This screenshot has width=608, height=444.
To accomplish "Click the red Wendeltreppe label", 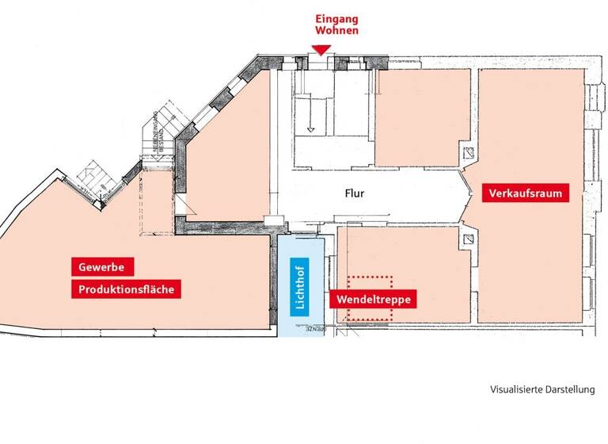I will click(x=371, y=300).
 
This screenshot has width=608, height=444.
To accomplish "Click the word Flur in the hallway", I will click(x=354, y=193).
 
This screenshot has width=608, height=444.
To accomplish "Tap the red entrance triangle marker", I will click(x=321, y=50).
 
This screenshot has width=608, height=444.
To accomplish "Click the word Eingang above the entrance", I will click(x=337, y=19).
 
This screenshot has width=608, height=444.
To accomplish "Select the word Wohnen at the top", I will click(x=337, y=32).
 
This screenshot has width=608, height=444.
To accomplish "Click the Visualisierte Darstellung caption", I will click(x=541, y=390).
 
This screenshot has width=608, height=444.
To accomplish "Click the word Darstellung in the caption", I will click(x=568, y=390).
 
